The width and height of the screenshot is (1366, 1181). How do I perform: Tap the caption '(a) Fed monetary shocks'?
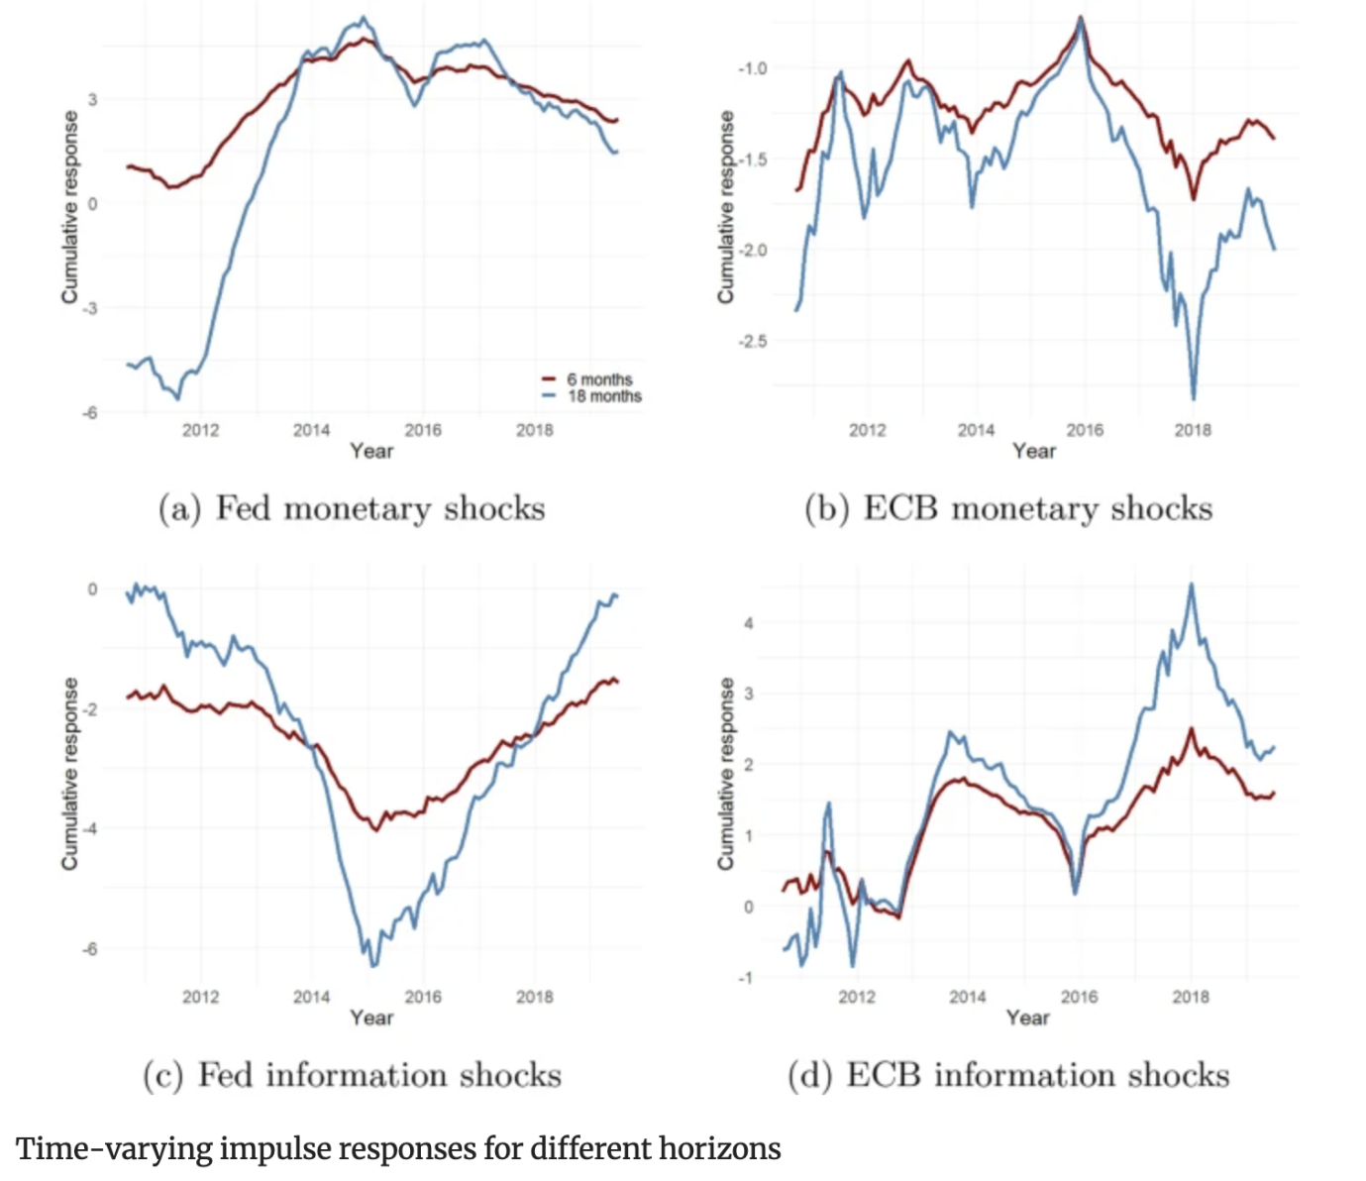click(352, 509)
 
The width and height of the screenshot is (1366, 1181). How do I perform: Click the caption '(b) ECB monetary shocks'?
click(1008, 509)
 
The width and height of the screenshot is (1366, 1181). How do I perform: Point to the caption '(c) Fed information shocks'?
click(352, 1076)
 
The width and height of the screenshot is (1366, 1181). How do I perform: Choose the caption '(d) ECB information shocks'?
click(1008, 1076)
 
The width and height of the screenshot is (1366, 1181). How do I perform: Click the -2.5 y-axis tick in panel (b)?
click(753, 342)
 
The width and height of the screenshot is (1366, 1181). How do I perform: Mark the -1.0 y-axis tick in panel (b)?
click(753, 68)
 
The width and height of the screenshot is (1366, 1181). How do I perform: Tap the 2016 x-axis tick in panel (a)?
click(423, 430)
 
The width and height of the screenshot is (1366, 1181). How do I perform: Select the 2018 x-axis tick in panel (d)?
click(1190, 997)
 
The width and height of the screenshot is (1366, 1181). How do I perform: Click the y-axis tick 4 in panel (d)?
click(749, 623)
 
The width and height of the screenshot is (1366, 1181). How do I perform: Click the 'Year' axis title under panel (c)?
click(371, 1018)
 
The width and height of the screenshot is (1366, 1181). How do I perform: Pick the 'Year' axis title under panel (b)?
click(1034, 451)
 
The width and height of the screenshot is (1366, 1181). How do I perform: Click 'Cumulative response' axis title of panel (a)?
click(69, 207)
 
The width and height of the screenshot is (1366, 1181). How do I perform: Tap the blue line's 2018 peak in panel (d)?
click(1191, 585)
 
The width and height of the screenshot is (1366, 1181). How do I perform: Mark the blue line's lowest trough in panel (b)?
click(1193, 398)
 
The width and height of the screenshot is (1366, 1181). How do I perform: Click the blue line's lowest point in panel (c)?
click(373, 965)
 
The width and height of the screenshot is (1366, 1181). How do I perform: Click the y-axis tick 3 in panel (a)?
click(92, 99)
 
